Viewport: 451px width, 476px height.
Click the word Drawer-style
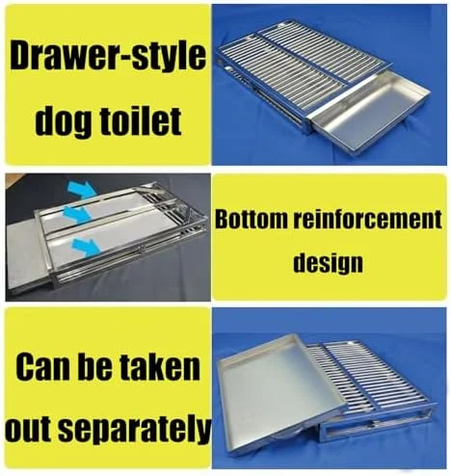coord(108,57)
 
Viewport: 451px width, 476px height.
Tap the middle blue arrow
coord(76,214)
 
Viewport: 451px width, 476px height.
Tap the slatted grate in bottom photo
coord(369,383)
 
